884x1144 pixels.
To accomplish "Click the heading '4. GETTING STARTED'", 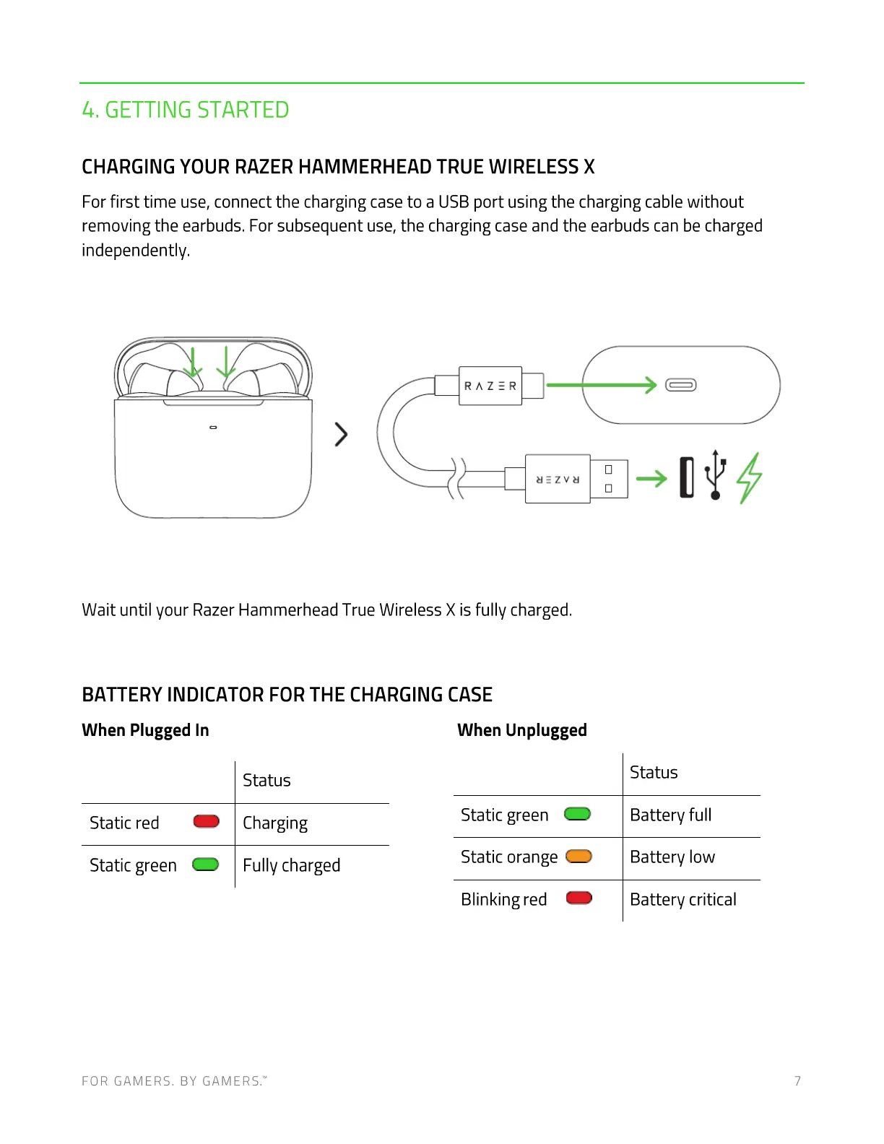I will click(185, 110).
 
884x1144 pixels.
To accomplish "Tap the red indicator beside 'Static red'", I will click(207, 821).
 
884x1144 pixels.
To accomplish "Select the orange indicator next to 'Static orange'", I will click(578, 857).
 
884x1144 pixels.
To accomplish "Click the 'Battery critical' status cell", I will click(682, 899).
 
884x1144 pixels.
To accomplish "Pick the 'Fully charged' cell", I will click(291, 865).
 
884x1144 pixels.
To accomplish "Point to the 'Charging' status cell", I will click(275, 823).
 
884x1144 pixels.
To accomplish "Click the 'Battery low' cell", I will click(672, 857).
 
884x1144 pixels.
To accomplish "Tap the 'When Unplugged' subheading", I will click(521, 730).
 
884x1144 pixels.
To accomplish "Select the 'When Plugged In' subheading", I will click(145, 730).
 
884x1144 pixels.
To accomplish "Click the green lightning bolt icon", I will click(749, 477).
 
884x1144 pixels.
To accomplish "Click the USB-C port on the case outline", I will click(680, 385).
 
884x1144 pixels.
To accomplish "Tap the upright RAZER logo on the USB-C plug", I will click(490, 386).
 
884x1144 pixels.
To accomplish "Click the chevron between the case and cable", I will click(342, 434).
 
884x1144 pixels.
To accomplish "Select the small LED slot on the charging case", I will click(213, 428).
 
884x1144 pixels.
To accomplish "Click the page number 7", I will click(797, 1081).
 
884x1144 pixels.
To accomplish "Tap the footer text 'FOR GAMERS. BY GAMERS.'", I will click(174, 1081).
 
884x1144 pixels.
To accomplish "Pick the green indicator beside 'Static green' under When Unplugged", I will click(577, 814).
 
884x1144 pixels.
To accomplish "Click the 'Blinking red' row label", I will click(503, 899).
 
